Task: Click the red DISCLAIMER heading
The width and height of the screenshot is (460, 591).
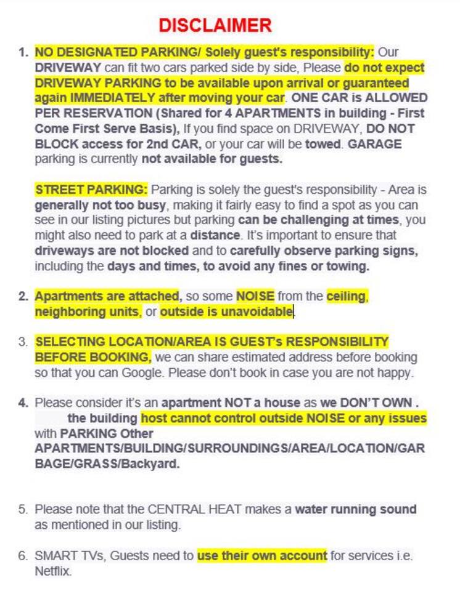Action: click(x=215, y=25)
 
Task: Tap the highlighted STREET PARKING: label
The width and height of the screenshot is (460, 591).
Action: click(x=91, y=189)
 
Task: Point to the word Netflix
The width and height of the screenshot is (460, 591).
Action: click(x=53, y=571)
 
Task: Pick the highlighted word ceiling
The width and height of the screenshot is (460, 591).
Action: click(x=346, y=296)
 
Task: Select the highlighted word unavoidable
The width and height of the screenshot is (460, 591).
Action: click(x=226, y=312)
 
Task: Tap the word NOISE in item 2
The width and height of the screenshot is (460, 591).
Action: click(x=255, y=296)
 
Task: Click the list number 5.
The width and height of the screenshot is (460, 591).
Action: click(x=23, y=510)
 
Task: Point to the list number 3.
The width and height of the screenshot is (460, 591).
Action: click(x=23, y=342)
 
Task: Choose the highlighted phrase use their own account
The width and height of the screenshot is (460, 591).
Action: click(x=262, y=556)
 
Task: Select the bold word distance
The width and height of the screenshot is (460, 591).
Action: click(x=215, y=235)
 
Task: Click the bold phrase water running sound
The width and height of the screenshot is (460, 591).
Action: click(x=356, y=510)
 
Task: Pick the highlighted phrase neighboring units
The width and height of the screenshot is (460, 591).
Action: click(x=87, y=312)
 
